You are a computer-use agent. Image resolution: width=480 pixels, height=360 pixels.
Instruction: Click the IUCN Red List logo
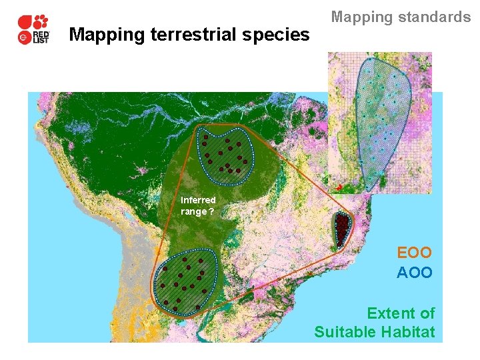(33, 30)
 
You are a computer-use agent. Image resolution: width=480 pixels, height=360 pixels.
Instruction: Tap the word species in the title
(280, 34)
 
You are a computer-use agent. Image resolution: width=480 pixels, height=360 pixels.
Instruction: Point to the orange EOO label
(414, 253)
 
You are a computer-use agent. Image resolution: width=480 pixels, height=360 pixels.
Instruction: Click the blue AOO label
(414, 273)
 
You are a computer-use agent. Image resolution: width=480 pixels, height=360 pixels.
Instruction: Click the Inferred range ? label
(198, 206)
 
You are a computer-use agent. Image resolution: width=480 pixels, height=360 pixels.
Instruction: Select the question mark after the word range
(211, 212)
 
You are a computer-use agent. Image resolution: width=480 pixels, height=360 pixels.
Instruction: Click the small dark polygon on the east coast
(342, 229)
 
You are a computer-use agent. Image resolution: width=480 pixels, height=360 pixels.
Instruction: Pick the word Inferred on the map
(198, 200)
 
